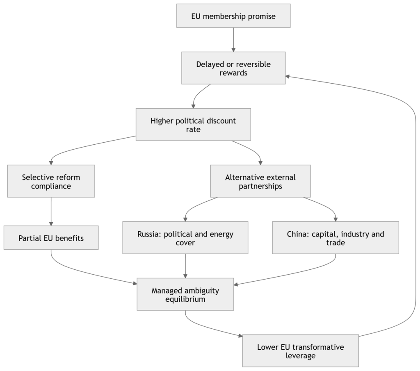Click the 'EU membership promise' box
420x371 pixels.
[x=233, y=16]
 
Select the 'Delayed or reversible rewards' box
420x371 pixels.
[x=233, y=68]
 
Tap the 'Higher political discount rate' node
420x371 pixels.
[x=193, y=125]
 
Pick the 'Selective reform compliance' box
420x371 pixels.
[x=51, y=181]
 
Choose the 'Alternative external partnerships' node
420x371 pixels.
[x=260, y=181]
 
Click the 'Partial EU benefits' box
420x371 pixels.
[x=51, y=238]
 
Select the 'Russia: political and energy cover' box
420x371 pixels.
[x=185, y=238]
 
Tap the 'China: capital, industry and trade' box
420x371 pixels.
[x=336, y=238]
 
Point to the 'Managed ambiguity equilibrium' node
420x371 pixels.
[x=185, y=294]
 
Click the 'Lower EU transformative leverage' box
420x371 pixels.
[x=301, y=351]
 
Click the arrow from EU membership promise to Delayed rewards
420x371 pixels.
[x=233, y=40]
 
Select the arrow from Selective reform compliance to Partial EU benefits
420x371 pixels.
[x=51, y=212]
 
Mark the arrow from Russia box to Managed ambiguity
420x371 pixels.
[x=185, y=266]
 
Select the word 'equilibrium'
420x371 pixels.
[x=185, y=299]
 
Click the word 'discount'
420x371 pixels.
[x=219, y=121]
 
